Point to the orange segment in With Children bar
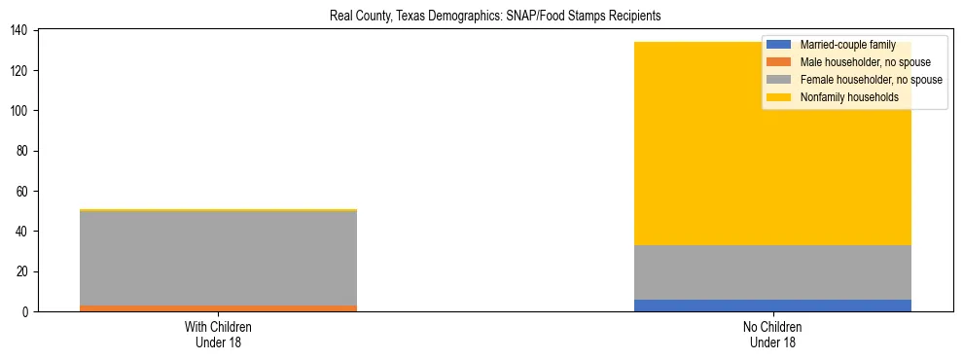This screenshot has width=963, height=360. (218, 308)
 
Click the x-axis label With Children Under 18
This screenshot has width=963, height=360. (218, 334)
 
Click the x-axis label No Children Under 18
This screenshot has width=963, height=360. (772, 334)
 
